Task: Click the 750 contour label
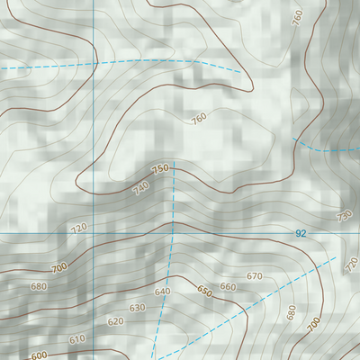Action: click(161, 169)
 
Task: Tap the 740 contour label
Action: click(140, 188)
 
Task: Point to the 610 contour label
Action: click(76, 339)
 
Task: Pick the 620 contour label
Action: click(115, 321)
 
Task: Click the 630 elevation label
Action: click(137, 308)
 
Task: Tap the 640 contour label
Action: click(162, 292)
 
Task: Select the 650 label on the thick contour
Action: click(204, 291)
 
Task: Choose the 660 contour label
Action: click(228, 287)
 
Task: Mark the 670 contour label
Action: click(254, 276)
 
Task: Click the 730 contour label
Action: click(343, 216)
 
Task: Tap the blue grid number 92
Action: click(301, 233)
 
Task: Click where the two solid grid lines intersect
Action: click(93, 233)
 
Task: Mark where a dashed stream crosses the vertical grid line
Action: click(93, 65)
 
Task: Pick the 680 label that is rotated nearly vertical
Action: click(291, 312)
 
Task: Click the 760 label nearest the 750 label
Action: click(199, 118)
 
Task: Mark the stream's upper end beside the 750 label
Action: click(175, 171)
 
